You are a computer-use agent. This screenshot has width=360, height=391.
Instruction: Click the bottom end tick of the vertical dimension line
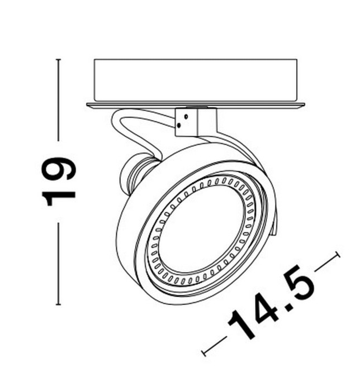[x=59, y=304]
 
